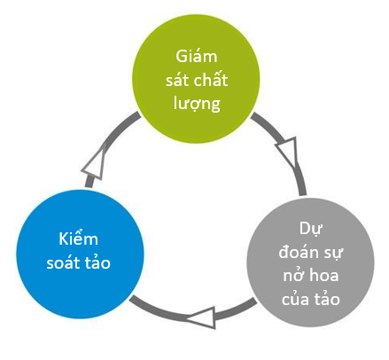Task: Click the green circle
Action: pyautogui.click(x=196, y=79)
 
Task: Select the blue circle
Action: pyautogui.click(x=80, y=254)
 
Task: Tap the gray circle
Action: pyautogui.click(x=310, y=262)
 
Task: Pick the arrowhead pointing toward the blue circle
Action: pyautogui.click(x=202, y=317)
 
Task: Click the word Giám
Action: pyautogui.click(x=197, y=56)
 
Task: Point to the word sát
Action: pyautogui.click(x=176, y=80)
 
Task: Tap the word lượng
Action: pyautogui.click(x=197, y=104)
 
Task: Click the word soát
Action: pyautogui.click(x=64, y=263)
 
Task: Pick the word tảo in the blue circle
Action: pyautogui.click(x=97, y=262)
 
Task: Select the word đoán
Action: pyautogui.click(x=299, y=252)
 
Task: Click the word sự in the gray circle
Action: pyautogui.click(x=332, y=254)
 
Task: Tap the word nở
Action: pyautogui.click(x=293, y=275)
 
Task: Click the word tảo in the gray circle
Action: pyautogui.click(x=327, y=298)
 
